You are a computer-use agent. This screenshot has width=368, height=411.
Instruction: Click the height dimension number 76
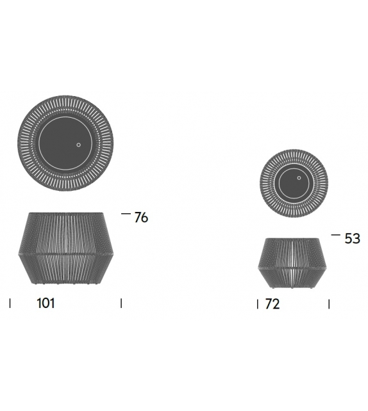(x=141, y=218)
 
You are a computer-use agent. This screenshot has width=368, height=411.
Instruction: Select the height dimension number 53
(x=353, y=239)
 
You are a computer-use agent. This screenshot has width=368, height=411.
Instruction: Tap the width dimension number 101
(x=46, y=303)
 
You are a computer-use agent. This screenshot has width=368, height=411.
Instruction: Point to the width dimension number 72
(x=272, y=304)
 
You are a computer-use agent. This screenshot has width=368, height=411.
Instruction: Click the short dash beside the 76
(x=126, y=214)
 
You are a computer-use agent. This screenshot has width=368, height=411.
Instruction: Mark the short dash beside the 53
(x=336, y=235)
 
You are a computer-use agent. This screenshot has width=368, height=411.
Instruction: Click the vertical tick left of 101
(x=10, y=303)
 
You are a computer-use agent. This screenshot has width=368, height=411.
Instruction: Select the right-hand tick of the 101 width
(x=121, y=303)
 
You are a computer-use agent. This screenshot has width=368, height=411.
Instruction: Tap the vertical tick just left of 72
(x=258, y=303)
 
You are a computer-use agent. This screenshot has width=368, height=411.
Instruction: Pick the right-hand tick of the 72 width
(x=330, y=303)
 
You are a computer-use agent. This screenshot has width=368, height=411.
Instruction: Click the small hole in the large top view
(x=79, y=145)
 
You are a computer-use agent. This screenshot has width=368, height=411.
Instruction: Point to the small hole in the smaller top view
(x=299, y=175)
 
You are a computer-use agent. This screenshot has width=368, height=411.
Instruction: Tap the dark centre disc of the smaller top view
(x=291, y=186)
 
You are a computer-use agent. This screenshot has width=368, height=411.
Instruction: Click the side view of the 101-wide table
(x=66, y=248)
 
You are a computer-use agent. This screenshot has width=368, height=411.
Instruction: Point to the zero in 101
(x=46, y=303)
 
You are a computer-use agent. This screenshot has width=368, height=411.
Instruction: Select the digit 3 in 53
(x=356, y=239)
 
